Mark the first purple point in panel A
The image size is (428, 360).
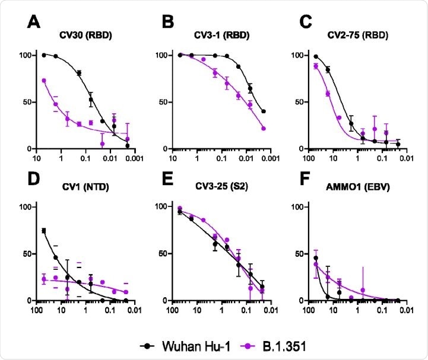tap(44, 80)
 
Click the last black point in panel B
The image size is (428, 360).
tap(263, 111)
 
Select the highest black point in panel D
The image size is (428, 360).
tap(44, 231)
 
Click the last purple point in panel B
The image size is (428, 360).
tap(263, 129)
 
